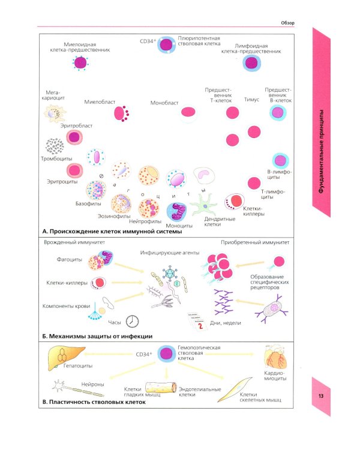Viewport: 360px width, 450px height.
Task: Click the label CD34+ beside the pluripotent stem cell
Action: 146,42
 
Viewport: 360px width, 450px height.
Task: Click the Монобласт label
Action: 164,103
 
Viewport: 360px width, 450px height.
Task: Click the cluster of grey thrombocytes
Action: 55,146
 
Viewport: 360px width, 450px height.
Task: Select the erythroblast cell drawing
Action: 74,137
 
